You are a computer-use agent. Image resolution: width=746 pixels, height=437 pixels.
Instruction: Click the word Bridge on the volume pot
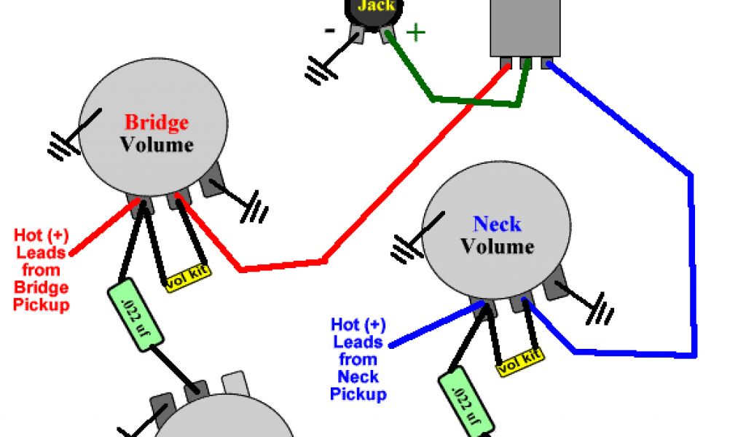pos(157,122)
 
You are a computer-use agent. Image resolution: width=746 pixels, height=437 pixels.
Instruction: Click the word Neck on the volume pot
pos(498,224)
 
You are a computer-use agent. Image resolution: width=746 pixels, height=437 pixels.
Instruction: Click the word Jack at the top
pos(376,6)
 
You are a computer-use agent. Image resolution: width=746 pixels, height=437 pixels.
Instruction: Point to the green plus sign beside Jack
pos(415,33)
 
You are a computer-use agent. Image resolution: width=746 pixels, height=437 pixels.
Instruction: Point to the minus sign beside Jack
pos(330,31)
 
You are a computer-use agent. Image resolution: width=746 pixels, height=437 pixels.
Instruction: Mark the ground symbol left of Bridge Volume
pos(63,145)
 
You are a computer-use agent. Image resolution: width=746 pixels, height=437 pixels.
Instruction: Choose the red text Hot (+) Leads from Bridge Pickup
pos(41,270)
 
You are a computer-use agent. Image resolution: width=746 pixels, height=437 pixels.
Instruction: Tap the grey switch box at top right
pos(525,28)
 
